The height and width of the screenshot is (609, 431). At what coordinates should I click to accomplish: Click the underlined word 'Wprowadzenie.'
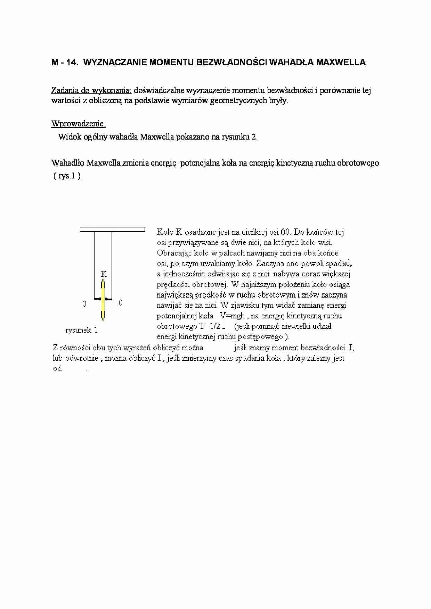click(x=78, y=124)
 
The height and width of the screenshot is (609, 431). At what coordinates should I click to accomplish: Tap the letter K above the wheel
click(x=104, y=274)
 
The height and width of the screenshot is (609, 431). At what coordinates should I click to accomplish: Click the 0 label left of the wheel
click(x=84, y=304)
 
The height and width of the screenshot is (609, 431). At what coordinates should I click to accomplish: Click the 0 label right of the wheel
click(x=120, y=303)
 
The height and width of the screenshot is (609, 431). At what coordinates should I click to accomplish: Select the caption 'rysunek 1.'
click(x=82, y=330)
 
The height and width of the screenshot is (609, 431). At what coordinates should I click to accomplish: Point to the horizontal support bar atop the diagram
click(x=113, y=229)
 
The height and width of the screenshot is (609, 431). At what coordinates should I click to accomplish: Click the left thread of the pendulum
click(x=95, y=264)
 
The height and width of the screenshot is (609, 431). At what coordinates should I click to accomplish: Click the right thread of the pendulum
click(x=112, y=264)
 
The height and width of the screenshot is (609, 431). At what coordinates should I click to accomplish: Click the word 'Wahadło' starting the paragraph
click(x=68, y=163)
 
